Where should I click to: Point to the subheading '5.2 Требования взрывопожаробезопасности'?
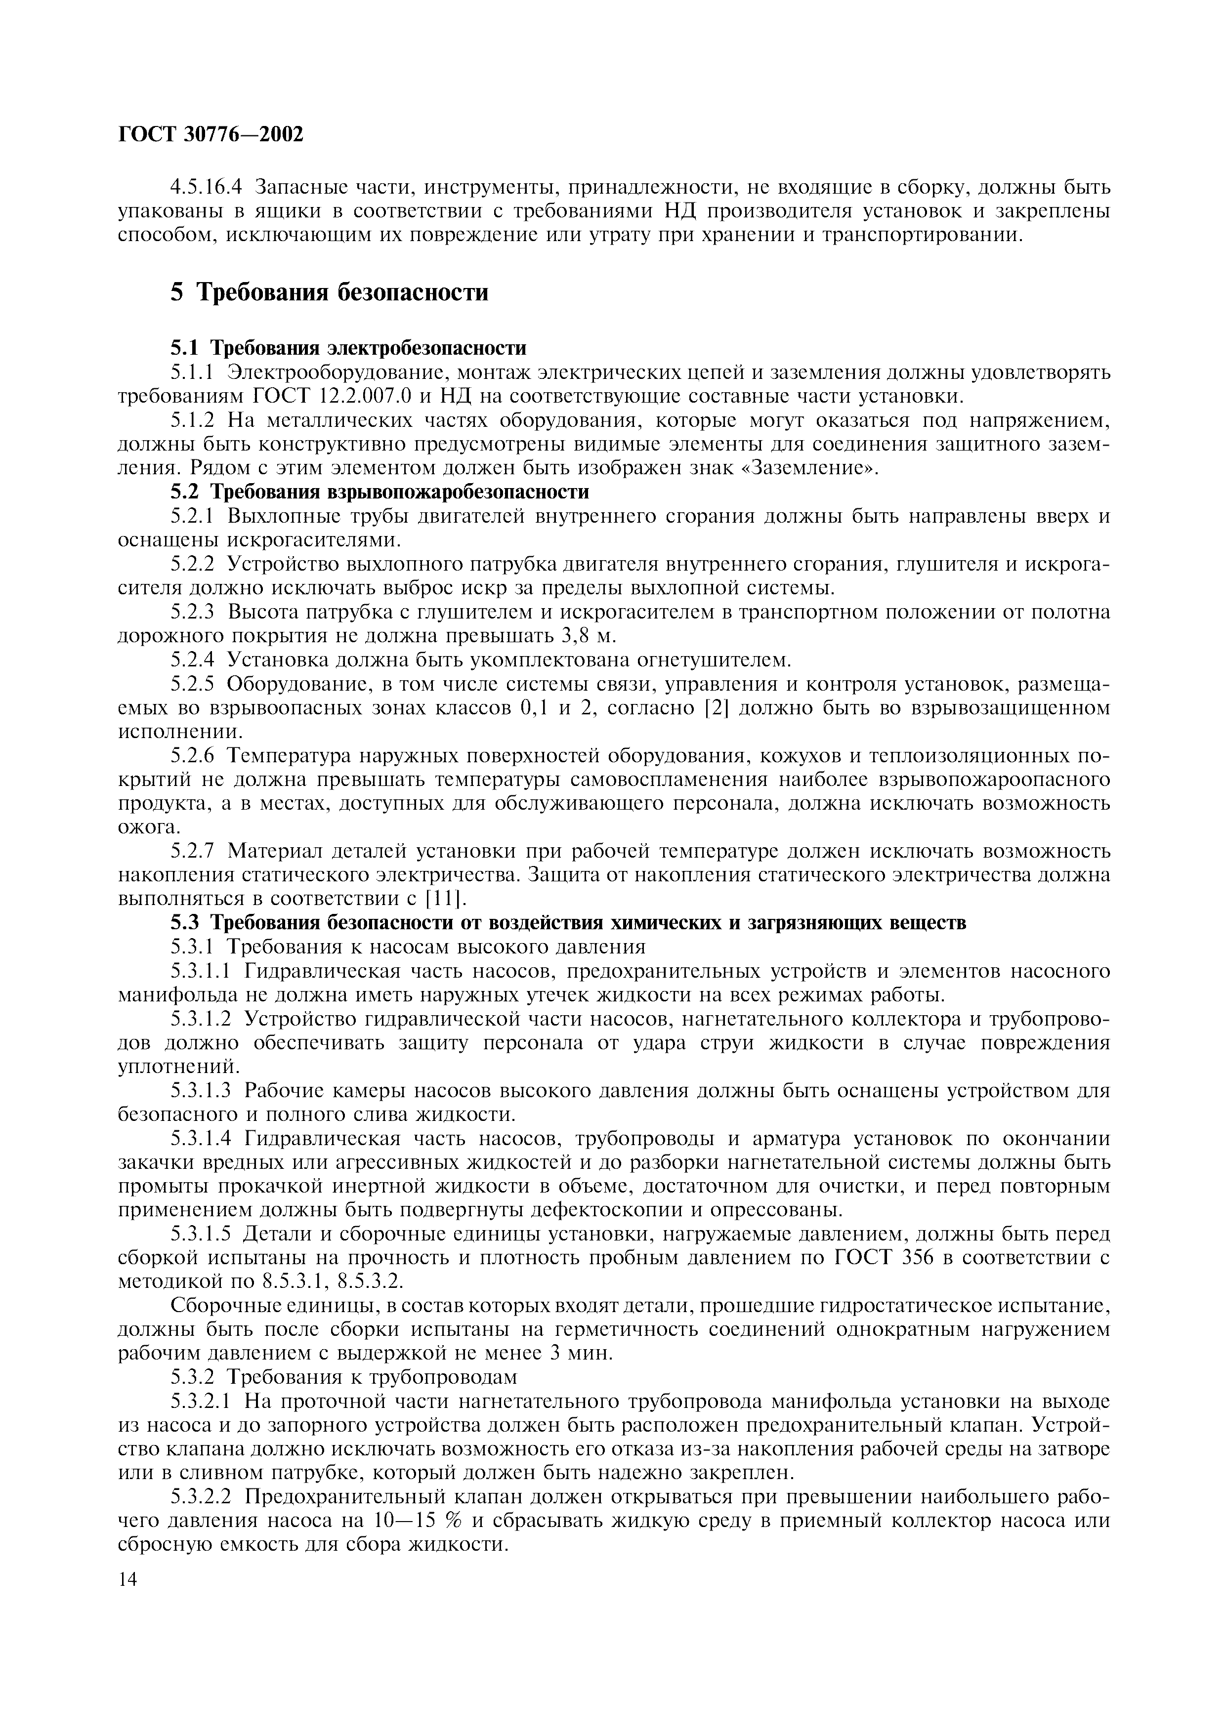pos(379,492)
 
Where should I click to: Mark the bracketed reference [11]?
pos(447,900)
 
